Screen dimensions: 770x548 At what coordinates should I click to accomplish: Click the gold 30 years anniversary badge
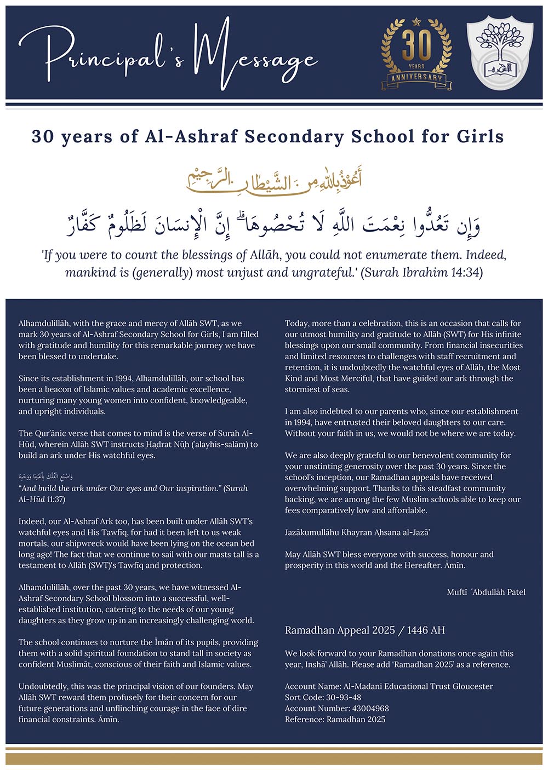[x=416, y=53]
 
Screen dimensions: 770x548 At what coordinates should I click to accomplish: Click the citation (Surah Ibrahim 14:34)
[x=422, y=272]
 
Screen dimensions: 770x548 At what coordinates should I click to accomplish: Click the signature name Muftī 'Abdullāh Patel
[x=486, y=591]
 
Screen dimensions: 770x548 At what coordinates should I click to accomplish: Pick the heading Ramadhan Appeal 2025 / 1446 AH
[x=365, y=630]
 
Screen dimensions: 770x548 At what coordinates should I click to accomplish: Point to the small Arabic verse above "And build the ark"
[x=46, y=477]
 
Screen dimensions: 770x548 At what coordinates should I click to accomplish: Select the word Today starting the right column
[x=296, y=323]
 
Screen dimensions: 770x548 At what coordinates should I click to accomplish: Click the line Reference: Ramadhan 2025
[x=335, y=719]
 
